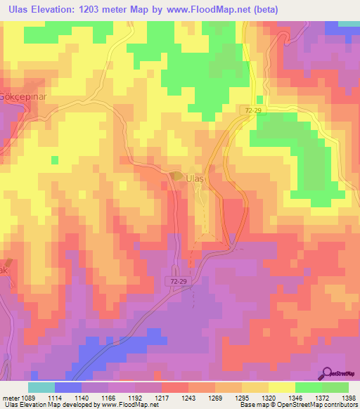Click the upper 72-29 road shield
[x=254, y=111]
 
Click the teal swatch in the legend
[x=41, y=387]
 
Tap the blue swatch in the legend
[x=67, y=387]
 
